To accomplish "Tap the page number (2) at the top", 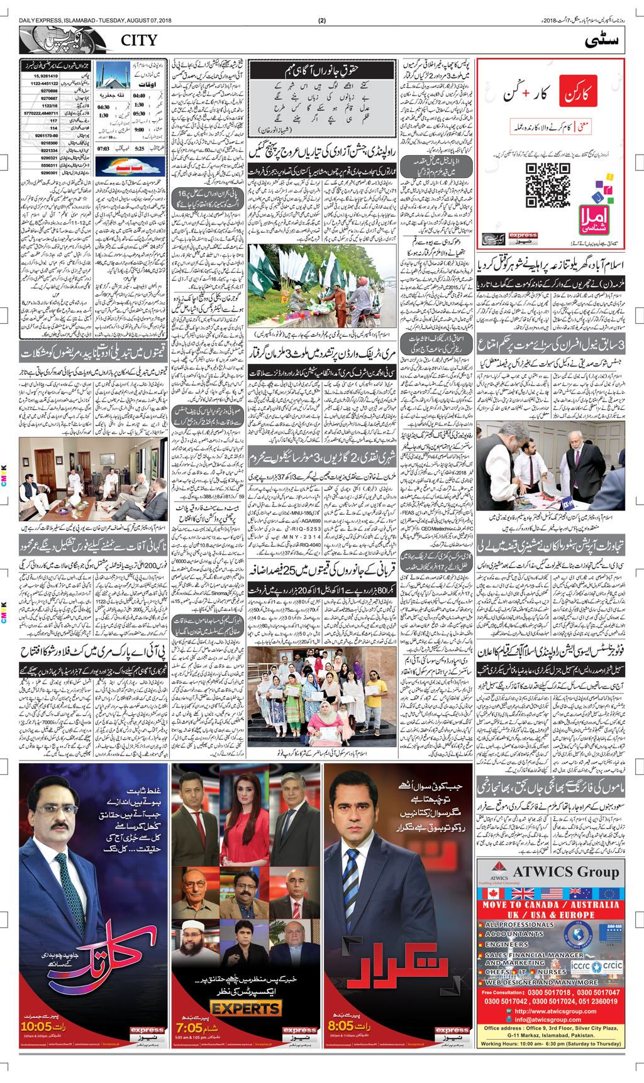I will tap(322, 21).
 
